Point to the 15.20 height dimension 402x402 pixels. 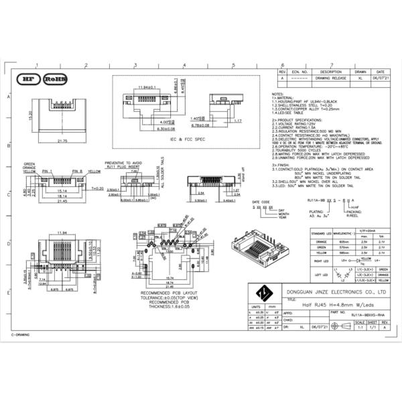pos(30,116)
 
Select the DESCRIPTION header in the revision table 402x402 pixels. pos(331,71)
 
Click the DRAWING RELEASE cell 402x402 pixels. pos(331,78)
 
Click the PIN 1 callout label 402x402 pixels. pos(48,172)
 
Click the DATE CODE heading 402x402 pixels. pos(261,202)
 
